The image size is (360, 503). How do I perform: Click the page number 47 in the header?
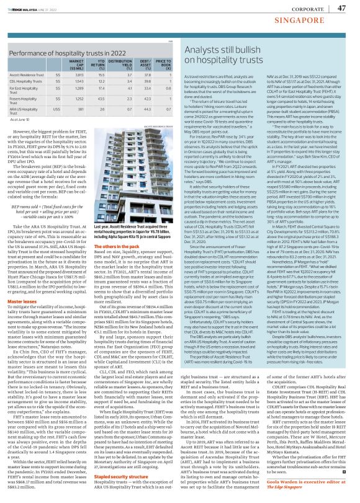pyautogui.click(x=341, y=8)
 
